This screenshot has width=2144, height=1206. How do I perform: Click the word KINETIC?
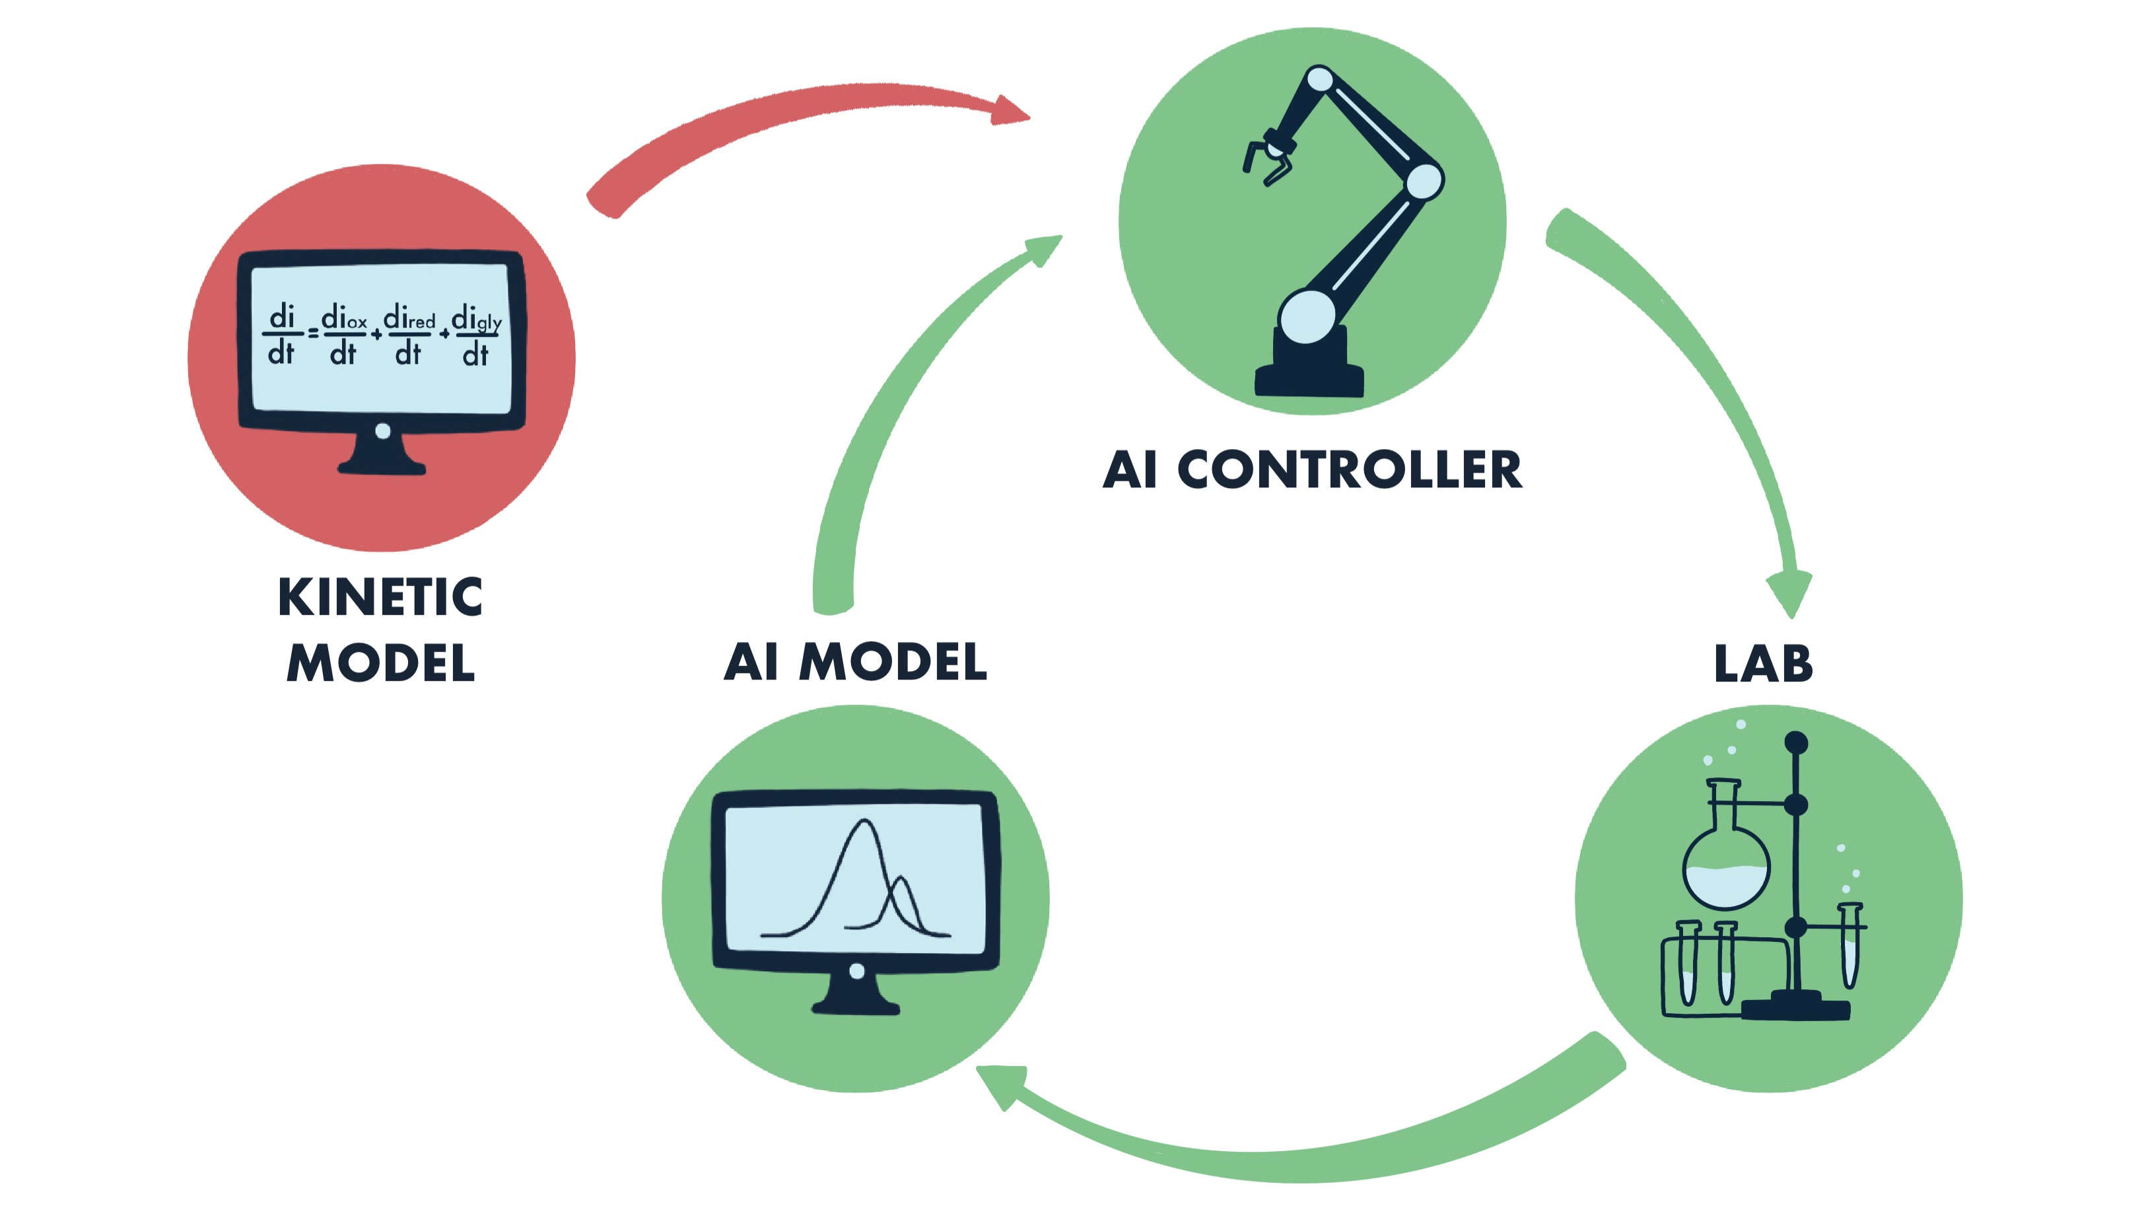coord(380,597)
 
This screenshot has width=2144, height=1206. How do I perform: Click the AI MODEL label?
coord(856,662)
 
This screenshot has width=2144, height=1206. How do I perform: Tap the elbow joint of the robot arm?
coord(1424,180)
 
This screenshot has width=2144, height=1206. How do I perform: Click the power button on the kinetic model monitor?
coord(383,431)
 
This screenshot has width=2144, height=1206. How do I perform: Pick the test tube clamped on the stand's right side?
coord(1850,944)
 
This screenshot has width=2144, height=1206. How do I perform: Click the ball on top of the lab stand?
coord(1796,742)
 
